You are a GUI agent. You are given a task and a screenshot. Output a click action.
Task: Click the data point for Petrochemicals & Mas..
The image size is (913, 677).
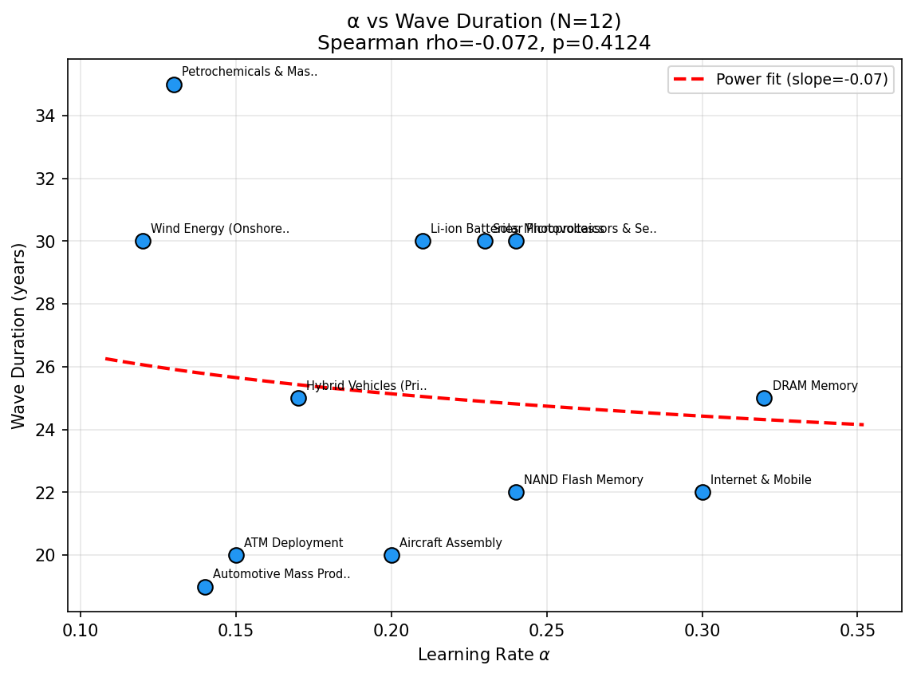tap(174, 85)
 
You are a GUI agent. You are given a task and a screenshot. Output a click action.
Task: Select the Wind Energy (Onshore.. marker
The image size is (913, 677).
tap(143, 241)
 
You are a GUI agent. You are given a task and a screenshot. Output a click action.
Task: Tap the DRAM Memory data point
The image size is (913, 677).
tap(764, 398)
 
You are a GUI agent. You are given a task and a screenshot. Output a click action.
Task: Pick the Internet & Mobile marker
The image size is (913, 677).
tap(702, 492)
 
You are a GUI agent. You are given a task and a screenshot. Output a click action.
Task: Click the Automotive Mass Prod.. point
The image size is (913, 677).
tap(205, 587)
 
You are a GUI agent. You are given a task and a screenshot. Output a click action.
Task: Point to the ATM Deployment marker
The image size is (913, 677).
tap(236, 555)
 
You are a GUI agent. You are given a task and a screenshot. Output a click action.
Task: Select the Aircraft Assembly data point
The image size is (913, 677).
tap(392, 555)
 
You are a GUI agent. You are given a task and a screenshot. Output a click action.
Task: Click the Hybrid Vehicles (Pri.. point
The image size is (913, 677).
tap(298, 398)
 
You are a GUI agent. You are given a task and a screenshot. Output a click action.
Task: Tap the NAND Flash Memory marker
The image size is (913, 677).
tap(516, 492)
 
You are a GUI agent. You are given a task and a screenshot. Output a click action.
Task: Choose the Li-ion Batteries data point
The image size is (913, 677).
tap(423, 241)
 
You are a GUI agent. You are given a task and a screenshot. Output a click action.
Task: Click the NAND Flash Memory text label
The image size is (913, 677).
tap(583, 480)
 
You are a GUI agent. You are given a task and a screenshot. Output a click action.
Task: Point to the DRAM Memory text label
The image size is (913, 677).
tap(815, 386)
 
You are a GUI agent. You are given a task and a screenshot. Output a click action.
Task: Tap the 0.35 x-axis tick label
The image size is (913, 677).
tap(857, 631)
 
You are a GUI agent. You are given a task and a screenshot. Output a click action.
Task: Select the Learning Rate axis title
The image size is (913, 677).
tap(484, 655)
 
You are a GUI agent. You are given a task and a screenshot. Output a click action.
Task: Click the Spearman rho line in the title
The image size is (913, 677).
tap(484, 43)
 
